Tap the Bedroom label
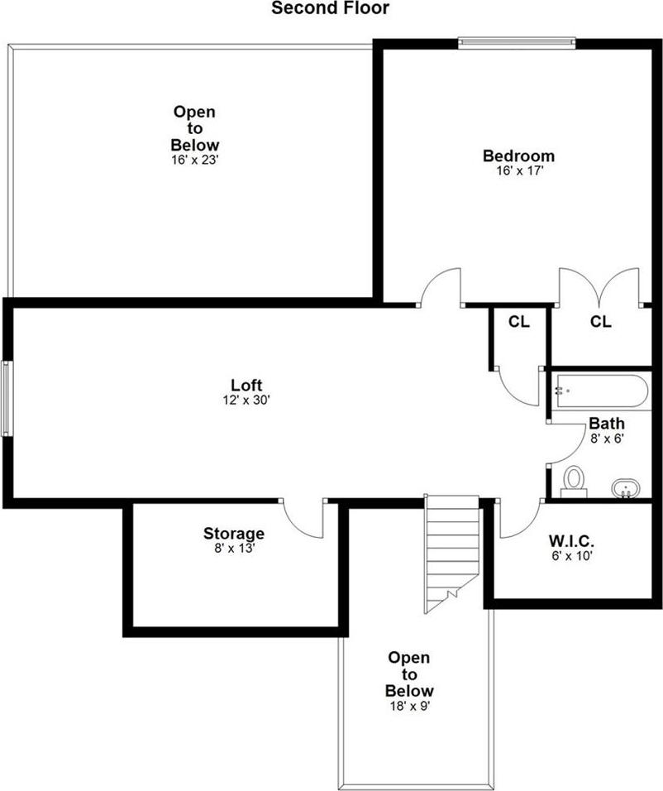[x=518, y=156]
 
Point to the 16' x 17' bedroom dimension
[x=518, y=171]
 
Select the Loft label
[x=246, y=385]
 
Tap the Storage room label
[x=234, y=534]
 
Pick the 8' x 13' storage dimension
[x=234, y=548]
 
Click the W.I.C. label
[x=571, y=541]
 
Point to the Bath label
[x=606, y=424]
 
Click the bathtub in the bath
[x=603, y=391]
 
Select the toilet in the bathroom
[x=573, y=481]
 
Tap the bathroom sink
[x=627, y=487]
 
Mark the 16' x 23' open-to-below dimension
[x=195, y=160]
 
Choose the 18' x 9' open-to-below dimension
[x=409, y=706]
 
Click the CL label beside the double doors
[x=601, y=322]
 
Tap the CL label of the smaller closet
[x=519, y=322]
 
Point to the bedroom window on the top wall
[x=517, y=40]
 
